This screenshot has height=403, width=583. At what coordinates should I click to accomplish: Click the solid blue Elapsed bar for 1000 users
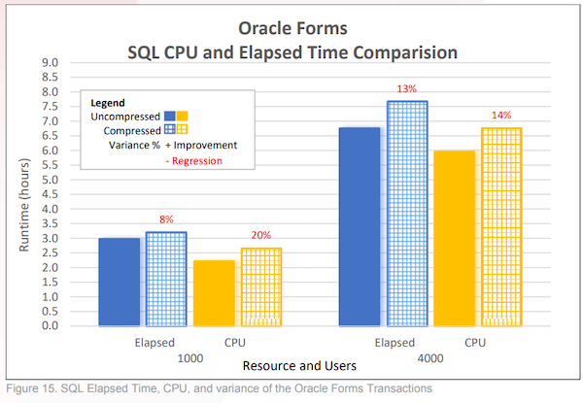pos(119,282)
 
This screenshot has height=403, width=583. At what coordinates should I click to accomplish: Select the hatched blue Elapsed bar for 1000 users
pos(166,279)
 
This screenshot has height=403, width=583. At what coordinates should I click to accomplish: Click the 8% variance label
pos(166,220)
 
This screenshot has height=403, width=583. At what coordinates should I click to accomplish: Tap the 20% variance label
pos(260,235)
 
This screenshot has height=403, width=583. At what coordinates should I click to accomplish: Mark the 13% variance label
pos(405,89)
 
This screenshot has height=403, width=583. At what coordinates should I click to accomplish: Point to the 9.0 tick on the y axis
pos(50,63)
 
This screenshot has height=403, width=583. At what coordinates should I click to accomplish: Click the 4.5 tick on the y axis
pos(50,194)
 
